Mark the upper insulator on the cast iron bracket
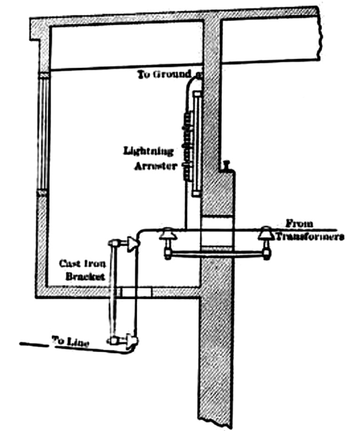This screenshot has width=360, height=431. coord(130,244)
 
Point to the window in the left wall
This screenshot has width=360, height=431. coord(42,134)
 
